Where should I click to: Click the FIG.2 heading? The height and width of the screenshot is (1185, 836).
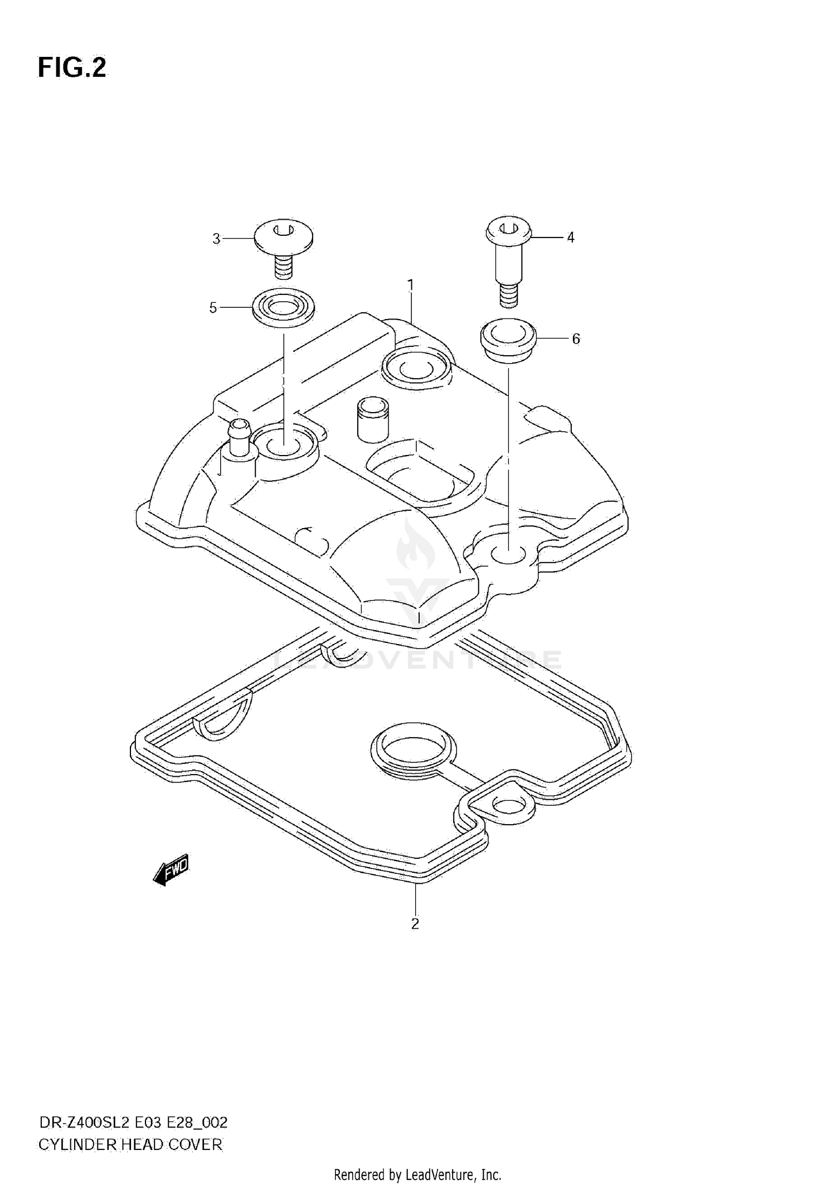(72, 67)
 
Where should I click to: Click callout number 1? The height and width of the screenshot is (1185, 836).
(411, 286)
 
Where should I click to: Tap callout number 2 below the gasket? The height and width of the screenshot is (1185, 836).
(415, 924)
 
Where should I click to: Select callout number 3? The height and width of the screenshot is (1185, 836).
(216, 239)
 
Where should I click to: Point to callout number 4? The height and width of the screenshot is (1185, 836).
(570, 238)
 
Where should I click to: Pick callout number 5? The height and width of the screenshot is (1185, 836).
(213, 308)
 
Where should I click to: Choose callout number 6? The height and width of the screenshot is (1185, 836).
(576, 338)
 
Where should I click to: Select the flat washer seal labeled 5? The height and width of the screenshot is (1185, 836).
(283, 306)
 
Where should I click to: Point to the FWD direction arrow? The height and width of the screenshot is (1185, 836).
(172, 869)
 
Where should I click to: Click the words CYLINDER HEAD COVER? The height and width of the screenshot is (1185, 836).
(130, 1145)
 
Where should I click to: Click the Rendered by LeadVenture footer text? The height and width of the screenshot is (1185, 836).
(417, 1175)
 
